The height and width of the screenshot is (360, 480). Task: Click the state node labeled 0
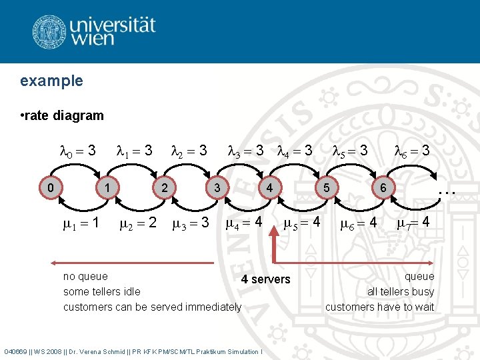[51, 188]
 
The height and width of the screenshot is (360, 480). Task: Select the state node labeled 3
[217, 188]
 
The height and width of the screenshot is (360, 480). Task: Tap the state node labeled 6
[383, 188]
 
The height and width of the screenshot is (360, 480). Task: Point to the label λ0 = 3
[78, 151]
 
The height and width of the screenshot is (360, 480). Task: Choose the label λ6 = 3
[412, 151]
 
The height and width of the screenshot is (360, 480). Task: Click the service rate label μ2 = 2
[137, 223]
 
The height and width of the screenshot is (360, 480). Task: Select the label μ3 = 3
[191, 223]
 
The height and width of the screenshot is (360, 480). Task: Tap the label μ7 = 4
[417, 223]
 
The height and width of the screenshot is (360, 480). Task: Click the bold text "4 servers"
[266, 279]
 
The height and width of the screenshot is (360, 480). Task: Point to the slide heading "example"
[51, 81]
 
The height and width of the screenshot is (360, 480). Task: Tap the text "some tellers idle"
[101, 291]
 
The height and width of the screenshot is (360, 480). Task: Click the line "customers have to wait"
[379, 307]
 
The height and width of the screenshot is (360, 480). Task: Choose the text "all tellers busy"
[400, 291]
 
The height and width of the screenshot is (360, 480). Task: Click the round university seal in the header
[49, 31]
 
